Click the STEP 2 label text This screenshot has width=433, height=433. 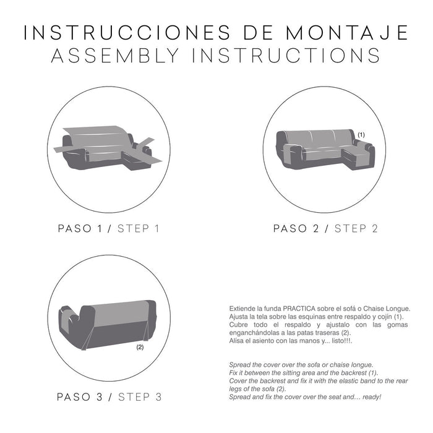click(356, 228)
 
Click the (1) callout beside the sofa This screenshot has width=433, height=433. click(361, 134)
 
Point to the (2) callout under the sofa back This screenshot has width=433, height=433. click(140, 348)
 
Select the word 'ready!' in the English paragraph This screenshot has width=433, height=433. click(369, 396)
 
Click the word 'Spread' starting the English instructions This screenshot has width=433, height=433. click(240, 364)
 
